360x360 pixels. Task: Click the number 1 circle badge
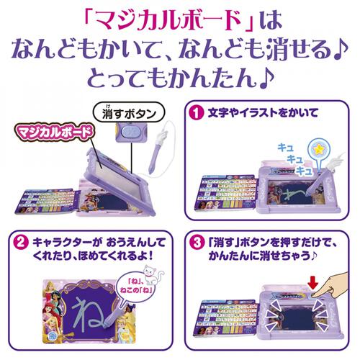[x=194, y=113]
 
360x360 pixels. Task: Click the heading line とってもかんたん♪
[x=180, y=74]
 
